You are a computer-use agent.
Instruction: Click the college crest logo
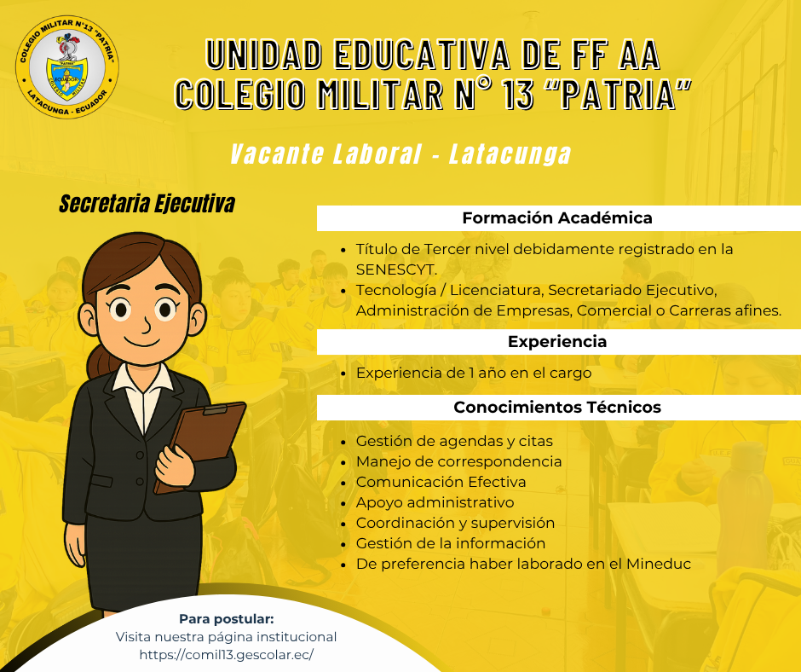click(67, 67)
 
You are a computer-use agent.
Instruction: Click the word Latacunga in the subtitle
click(510, 154)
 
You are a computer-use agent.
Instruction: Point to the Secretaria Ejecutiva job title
click(147, 204)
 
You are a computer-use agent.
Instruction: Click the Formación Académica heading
click(557, 218)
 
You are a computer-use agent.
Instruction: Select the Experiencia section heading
click(557, 342)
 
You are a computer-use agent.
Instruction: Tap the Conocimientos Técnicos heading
click(557, 408)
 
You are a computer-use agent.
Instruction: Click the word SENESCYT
click(396, 269)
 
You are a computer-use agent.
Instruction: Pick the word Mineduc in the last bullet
click(659, 564)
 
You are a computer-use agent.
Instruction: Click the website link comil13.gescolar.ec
click(227, 655)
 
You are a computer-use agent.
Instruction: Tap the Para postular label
click(227, 619)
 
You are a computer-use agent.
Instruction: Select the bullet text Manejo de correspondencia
click(458, 461)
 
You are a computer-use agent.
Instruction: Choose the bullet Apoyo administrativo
click(435, 502)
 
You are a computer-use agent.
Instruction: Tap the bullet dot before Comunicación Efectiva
click(343, 483)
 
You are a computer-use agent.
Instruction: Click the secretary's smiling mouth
click(142, 342)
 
